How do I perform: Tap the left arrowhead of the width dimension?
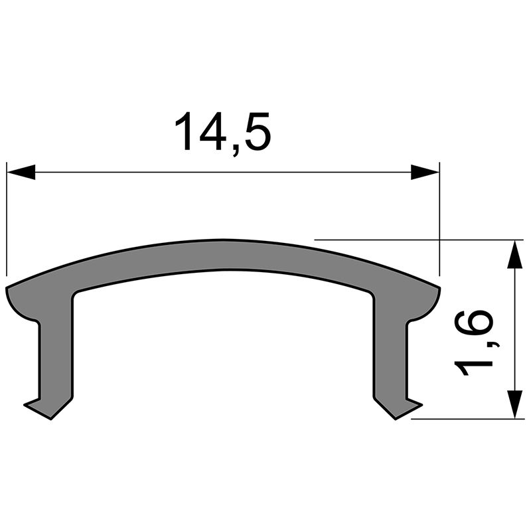pyautogui.click(x=20, y=173)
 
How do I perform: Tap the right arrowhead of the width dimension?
pyautogui.click(x=425, y=173)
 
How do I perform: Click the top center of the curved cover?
pyautogui.click(x=223, y=255)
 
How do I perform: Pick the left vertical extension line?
pyautogui.click(x=7, y=219)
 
